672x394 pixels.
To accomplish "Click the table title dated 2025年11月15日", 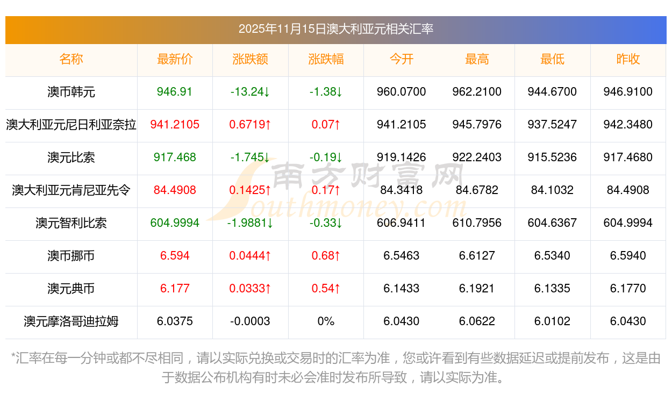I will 335,29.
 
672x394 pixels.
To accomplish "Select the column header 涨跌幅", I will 326,59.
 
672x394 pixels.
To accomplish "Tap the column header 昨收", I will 628,59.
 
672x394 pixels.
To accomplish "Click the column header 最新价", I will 175,59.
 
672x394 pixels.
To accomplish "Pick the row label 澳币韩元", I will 71,92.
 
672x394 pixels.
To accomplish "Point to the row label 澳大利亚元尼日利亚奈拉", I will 71,125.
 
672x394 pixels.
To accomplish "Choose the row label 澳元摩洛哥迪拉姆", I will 71,321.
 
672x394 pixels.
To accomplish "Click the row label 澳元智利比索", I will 71,223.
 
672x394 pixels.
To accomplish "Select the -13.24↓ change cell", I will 250,92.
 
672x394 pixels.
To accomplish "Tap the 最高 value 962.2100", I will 477,92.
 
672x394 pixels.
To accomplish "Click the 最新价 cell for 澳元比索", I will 175,157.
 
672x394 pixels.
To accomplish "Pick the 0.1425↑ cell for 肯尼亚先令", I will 250,190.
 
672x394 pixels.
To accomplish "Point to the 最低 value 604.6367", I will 552,223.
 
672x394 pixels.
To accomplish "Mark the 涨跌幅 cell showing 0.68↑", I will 326,256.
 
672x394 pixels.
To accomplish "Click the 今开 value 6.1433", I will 401,289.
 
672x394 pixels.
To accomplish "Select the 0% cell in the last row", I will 326,321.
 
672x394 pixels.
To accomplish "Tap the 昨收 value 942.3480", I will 628,125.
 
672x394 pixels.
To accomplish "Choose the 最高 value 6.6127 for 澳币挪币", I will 477,256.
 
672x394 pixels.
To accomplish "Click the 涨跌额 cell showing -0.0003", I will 250,321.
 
